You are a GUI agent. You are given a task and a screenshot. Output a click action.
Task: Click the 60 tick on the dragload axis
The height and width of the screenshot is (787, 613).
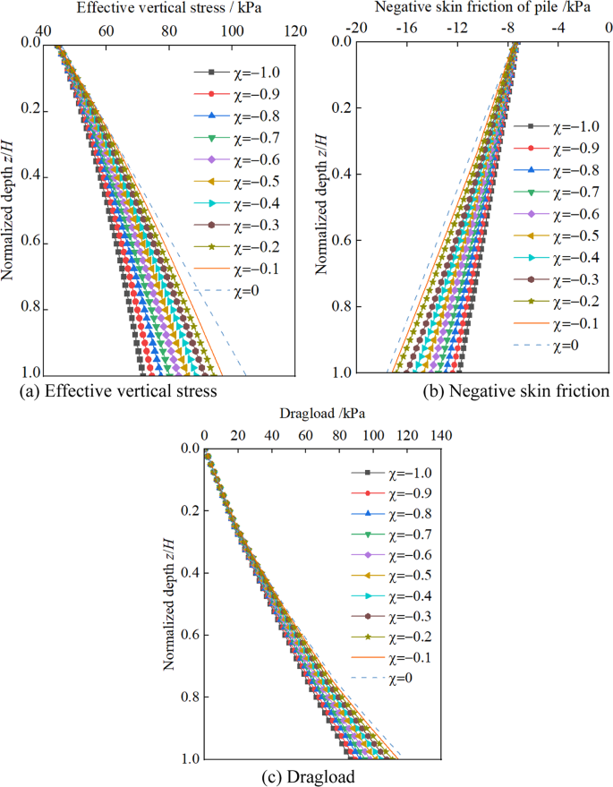(x=305, y=435)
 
